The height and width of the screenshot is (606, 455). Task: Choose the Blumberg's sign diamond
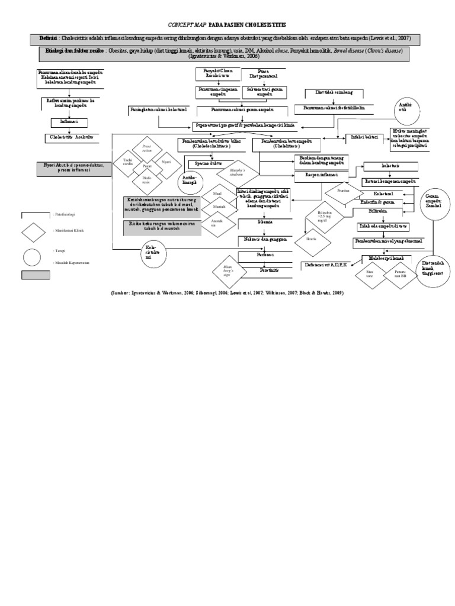pos(226,272)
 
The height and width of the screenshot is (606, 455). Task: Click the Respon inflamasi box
pos(321,175)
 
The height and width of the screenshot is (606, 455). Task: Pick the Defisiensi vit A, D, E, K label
pos(325,264)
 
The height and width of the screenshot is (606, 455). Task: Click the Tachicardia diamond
pos(129,162)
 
